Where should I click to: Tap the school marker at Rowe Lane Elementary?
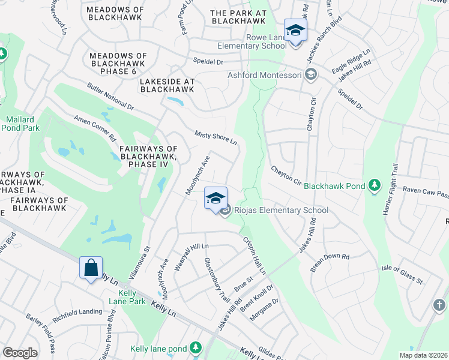pos(295,30)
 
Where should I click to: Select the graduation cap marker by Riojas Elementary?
pos(216,199)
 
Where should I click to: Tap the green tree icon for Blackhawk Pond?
pos(375,185)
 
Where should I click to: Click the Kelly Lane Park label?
pos(127,296)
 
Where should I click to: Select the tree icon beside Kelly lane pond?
pos(195,348)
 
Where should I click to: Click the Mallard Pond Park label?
pos(20,124)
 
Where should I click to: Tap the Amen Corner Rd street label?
pos(95,128)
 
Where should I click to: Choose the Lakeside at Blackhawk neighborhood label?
pos(167,85)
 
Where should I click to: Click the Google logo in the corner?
pos(20,353)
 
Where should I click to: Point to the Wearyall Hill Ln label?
pos(191,257)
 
